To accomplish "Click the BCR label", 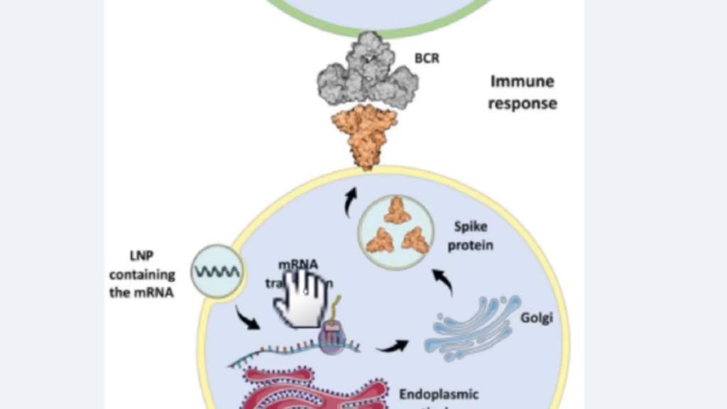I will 427,58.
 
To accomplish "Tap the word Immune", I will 522,82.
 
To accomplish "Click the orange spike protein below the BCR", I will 365,135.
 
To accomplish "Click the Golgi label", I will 536,317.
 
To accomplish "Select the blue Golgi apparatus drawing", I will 471,327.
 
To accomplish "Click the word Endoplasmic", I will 439,394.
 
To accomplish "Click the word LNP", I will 142,256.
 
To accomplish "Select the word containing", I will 142,275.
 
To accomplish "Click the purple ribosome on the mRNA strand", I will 333,339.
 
